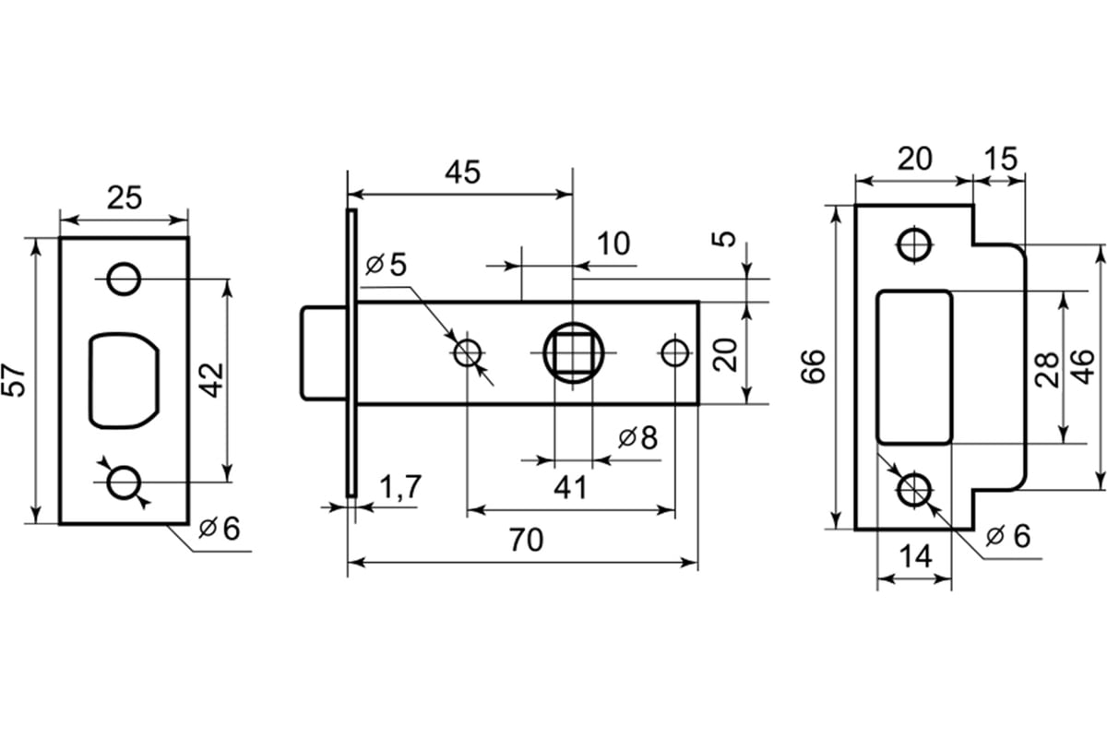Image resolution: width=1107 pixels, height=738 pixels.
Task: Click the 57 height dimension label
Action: (x=14, y=380)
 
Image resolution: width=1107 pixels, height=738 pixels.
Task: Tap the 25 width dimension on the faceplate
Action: (x=124, y=197)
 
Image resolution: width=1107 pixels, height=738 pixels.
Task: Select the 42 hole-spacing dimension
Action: (x=213, y=380)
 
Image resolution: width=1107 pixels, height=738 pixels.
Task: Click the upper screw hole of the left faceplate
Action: (x=124, y=280)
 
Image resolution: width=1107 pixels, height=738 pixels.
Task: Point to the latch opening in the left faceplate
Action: (x=124, y=380)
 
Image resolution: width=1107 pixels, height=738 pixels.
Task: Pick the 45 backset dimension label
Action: (x=462, y=173)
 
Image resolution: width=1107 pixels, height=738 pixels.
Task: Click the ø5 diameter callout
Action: (x=386, y=265)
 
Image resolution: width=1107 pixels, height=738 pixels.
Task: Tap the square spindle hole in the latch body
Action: (x=573, y=353)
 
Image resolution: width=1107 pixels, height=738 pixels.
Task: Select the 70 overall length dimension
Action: (x=527, y=540)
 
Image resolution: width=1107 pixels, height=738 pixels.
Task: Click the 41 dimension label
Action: (x=570, y=488)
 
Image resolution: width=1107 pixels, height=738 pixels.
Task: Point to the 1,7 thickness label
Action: (x=400, y=487)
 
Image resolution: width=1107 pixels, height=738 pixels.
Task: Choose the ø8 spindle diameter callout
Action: (x=638, y=438)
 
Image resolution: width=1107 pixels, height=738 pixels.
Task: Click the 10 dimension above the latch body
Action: (x=613, y=244)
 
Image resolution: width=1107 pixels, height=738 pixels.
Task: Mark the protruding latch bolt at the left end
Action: (x=324, y=353)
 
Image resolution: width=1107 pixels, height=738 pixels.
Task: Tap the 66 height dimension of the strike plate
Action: (x=813, y=366)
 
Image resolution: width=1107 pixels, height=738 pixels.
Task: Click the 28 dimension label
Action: (x=1047, y=370)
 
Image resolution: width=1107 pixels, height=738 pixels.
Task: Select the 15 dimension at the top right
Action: (x=1001, y=159)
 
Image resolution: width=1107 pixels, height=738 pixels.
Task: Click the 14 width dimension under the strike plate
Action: (x=916, y=556)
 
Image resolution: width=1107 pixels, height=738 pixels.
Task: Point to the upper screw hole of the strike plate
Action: (x=914, y=244)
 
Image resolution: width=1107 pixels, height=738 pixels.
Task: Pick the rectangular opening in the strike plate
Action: (x=914, y=367)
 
